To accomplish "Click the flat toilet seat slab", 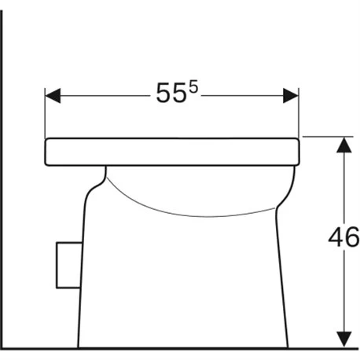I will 173,152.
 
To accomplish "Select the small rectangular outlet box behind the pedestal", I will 67,264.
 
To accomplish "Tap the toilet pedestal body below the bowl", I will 181,283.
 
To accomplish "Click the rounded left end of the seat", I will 48,152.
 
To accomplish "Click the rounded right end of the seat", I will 298,152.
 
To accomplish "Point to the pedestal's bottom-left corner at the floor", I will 79,346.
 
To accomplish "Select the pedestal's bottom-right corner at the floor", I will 288,346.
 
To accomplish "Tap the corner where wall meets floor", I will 2,347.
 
